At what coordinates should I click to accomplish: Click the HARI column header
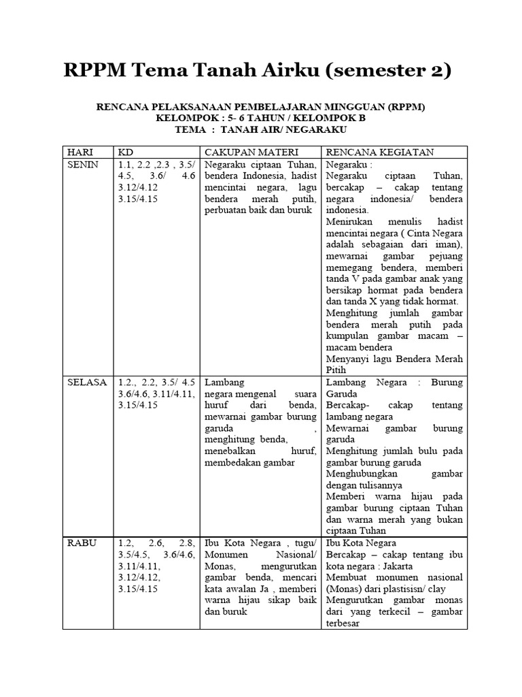coord(80,152)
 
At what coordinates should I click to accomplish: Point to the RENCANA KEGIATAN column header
coord(381,152)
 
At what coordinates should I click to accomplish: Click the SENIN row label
coord(83,165)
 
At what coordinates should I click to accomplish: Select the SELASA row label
coord(87,383)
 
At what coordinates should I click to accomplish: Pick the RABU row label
coord(82,543)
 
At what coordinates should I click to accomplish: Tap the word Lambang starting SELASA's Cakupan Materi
coord(224,383)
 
